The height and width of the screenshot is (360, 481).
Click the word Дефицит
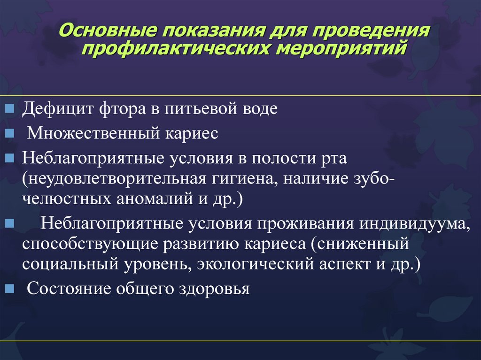pos(57,109)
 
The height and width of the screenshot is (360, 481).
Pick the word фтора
pos(123,109)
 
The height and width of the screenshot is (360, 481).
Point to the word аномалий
pos(155,199)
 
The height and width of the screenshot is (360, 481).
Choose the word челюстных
pos(66,199)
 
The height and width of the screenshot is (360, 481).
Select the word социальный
pos(70,265)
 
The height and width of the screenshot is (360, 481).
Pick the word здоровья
pos(214,289)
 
